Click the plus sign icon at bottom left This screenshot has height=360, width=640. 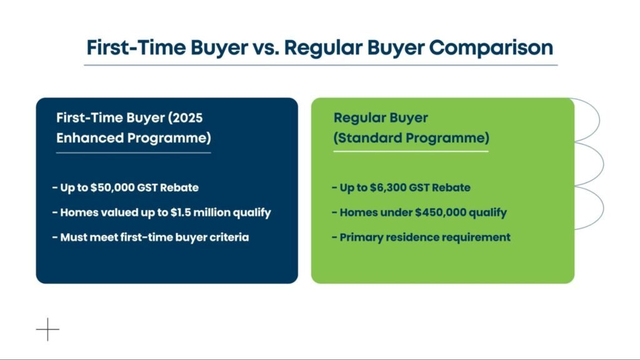pyautogui.click(x=47, y=329)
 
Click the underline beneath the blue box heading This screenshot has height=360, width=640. pyautogui.click(x=133, y=152)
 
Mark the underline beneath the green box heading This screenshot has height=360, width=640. pyautogui.click(x=411, y=151)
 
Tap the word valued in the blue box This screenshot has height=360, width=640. pyautogui.click(x=119, y=212)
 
